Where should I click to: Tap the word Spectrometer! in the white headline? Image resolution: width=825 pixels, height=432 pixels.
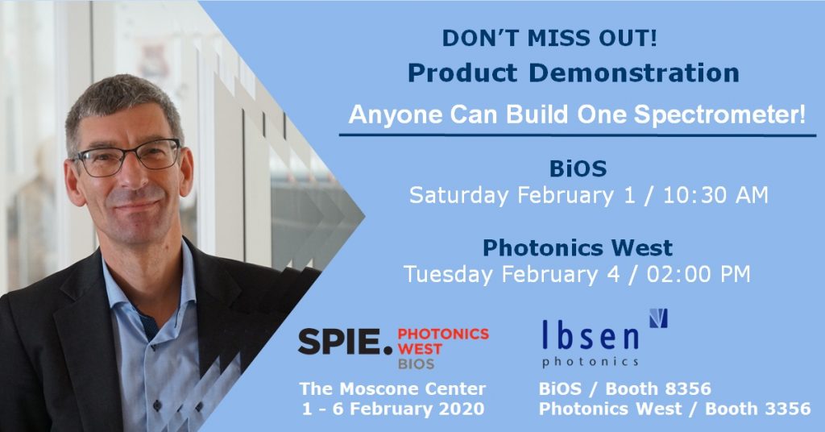pyautogui.click(x=719, y=114)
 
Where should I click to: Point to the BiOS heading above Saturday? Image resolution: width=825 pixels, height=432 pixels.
pyautogui.click(x=578, y=169)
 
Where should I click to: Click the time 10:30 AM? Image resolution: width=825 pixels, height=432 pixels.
pyautogui.click(x=715, y=195)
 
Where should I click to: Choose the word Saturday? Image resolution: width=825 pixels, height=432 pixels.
pyautogui.click(x=458, y=195)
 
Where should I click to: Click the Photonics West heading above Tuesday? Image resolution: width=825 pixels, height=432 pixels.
pyautogui.click(x=578, y=247)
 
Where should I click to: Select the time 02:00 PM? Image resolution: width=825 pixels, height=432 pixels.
pyautogui.click(x=699, y=274)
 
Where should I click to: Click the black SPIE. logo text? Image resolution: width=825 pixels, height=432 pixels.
pyautogui.click(x=345, y=342)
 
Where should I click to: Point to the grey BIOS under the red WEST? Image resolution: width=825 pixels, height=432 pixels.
pyautogui.click(x=417, y=363)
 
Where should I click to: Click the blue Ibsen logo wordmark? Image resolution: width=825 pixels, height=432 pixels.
pyautogui.click(x=591, y=337)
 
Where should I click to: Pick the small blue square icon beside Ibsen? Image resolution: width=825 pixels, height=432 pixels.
pyautogui.click(x=658, y=318)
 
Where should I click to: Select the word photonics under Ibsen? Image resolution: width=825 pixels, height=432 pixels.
pyautogui.click(x=591, y=362)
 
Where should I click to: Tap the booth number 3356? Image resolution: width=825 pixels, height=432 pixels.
pyautogui.click(x=787, y=409)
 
